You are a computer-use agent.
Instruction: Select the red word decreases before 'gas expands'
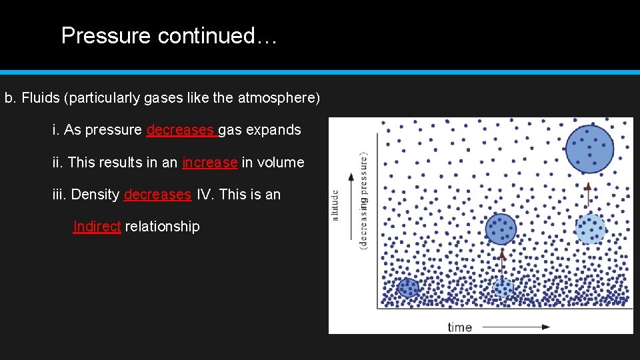click(x=180, y=131)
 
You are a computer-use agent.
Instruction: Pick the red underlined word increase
click(x=209, y=163)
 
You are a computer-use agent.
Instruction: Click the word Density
click(x=95, y=195)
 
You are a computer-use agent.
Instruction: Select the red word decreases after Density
click(x=157, y=195)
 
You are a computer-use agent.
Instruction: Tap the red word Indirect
click(x=97, y=227)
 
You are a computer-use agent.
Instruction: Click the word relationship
click(x=162, y=227)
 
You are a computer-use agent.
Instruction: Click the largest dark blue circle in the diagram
click(x=589, y=149)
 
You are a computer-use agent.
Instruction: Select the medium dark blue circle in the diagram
click(x=501, y=229)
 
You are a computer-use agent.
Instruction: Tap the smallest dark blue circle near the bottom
click(x=407, y=287)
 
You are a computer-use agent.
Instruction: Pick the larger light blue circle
click(x=590, y=229)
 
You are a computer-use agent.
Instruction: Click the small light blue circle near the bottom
click(x=503, y=288)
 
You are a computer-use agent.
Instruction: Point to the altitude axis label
click(x=335, y=205)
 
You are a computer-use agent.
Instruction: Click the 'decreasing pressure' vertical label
click(x=363, y=200)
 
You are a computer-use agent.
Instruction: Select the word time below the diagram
click(x=459, y=327)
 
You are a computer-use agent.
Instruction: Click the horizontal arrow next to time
click(x=516, y=327)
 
